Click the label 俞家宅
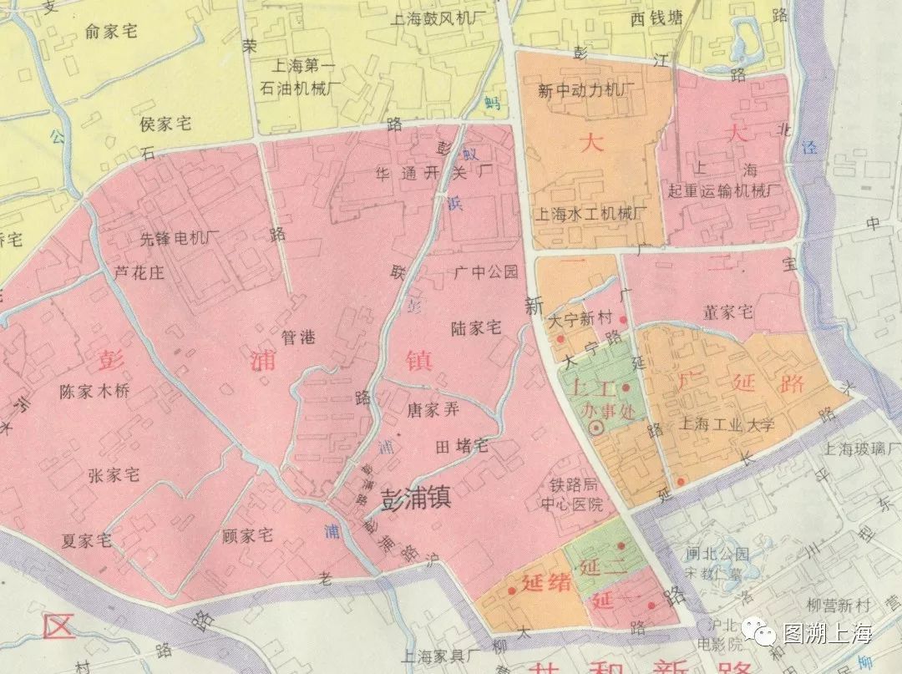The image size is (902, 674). [111, 32]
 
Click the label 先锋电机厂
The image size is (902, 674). [180, 238]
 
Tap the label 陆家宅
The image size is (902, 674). [475, 327]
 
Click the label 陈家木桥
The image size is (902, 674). [95, 391]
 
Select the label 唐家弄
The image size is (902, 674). [432, 409]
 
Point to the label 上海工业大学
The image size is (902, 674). [727, 424]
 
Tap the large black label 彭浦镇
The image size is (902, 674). [416, 499]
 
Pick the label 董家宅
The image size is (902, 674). [728, 312]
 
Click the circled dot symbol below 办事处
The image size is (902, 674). [596, 428]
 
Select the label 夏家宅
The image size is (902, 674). [86, 540]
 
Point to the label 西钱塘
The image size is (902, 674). [656, 18]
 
